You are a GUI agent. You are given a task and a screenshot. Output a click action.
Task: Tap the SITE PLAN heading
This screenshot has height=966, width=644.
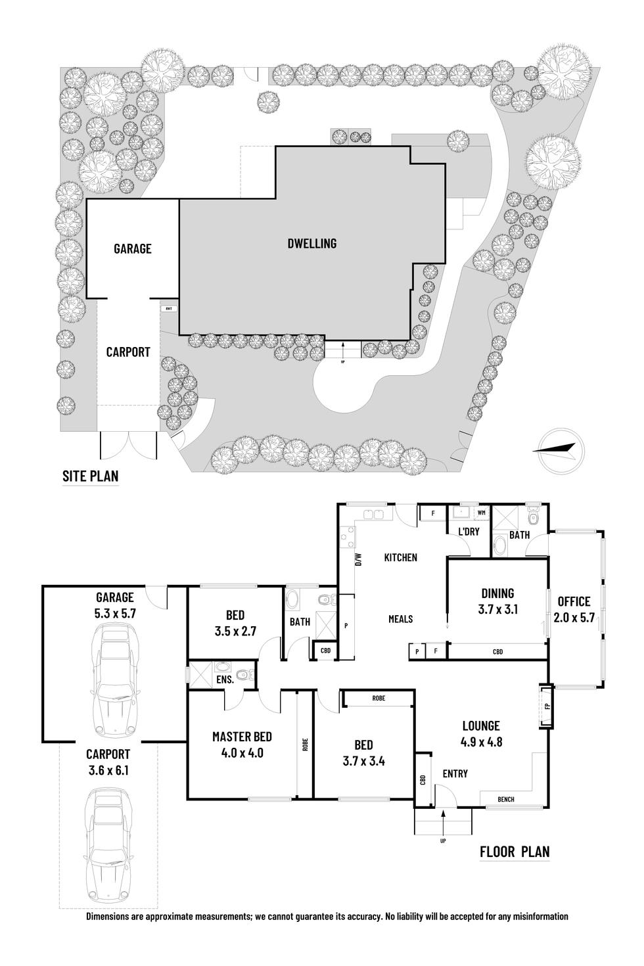click(x=90, y=475)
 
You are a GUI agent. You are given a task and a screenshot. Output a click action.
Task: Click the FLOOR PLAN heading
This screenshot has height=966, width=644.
click(x=515, y=852)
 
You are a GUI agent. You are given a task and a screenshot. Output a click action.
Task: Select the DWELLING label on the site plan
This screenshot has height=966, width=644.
click(x=312, y=243)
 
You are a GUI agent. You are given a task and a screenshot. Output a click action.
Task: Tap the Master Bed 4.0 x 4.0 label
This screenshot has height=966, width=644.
click(x=242, y=745)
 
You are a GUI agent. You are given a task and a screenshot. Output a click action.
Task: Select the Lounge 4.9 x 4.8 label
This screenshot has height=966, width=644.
click(x=481, y=733)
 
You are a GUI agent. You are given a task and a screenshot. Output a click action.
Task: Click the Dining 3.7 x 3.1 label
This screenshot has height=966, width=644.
click(x=497, y=601)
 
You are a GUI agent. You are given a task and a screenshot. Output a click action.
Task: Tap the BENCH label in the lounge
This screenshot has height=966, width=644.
click(x=506, y=799)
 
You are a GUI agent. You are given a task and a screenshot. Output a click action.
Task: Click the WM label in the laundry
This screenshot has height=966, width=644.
click(x=480, y=512)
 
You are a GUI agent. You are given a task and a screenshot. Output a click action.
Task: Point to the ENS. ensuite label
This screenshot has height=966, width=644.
click(x=225, y=680)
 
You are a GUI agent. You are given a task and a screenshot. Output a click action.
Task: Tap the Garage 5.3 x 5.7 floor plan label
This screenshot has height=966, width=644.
click(x=115, y=605)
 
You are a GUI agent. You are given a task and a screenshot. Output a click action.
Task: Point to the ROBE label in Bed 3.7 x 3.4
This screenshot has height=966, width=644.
click(x=378, y=699)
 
